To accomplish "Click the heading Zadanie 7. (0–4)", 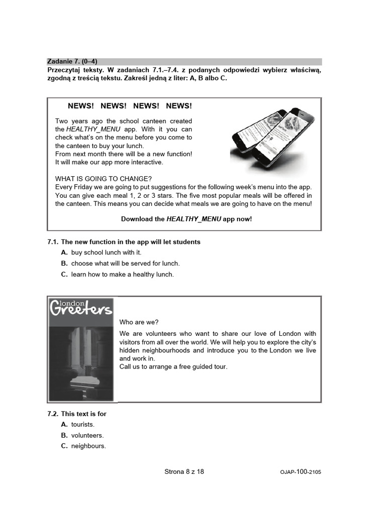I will [x=72, y=62].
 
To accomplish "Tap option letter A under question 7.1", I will [x=64, y=252].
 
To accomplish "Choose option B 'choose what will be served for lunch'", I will [x=125, y=264].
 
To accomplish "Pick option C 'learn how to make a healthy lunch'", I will [x=122, y=275].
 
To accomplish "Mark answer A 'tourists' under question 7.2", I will [x=82, y=425].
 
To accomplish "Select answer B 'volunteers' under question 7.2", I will [x=87, y=436].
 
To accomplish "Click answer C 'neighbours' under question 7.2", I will [x=88, y=446].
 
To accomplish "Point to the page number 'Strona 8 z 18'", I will [x=184, y=472].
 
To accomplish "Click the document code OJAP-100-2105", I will [x=301, y=472].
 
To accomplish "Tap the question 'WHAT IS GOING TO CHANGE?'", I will [x=103, y=179].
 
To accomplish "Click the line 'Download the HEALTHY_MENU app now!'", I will [x=186, y=219].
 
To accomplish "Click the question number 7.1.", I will [x=53, y=242].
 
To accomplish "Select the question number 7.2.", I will [x=53, y=414].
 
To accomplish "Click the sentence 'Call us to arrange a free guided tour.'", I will [x=173, y=367].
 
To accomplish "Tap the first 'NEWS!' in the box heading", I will [x=81, y=106].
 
